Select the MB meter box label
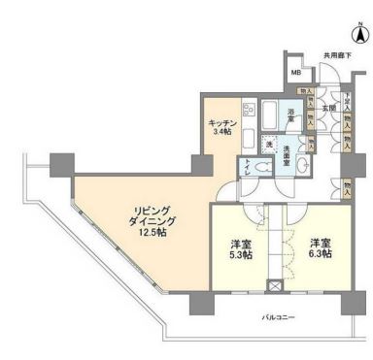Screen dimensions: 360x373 [x=297, y=73]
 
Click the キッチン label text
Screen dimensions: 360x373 [x=222, y=123]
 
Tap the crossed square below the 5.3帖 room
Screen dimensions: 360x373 [x=275, y=287]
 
